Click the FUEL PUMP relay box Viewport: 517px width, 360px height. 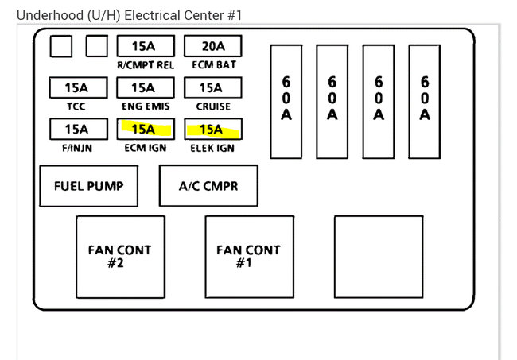[x=88, y=187]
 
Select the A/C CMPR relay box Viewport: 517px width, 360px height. [x=208, y=187]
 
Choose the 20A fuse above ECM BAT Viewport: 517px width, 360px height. [x=212, y=46]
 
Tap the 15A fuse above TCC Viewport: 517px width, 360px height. [x=77, y=87]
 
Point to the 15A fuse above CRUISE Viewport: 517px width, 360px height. [x=212, y=87]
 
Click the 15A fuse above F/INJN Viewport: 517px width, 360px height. [x=77, y=129]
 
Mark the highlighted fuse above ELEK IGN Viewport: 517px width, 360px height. [x=212, y=129]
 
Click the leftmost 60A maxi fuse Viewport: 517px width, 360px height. [x=286, y=99]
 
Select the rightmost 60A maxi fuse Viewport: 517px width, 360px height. [x=425, y=99]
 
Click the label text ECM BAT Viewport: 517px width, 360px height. [x=212, y=65]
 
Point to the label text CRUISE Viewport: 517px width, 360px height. [x=212, y=106]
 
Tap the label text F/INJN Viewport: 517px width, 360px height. [x=77, y=148]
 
